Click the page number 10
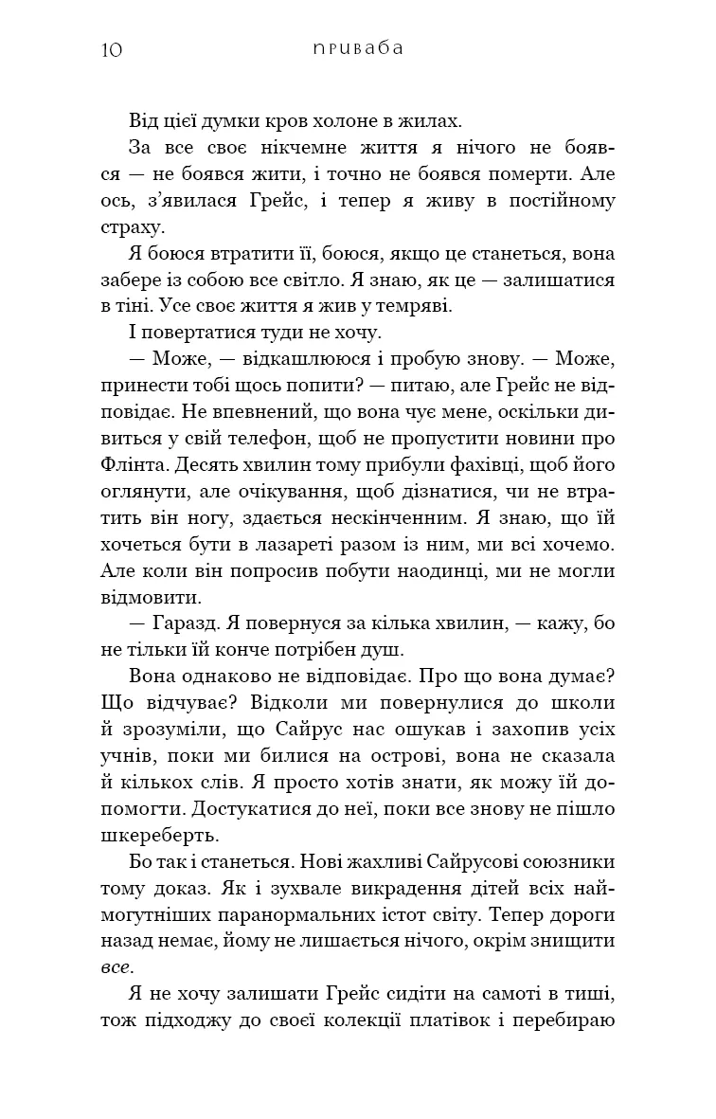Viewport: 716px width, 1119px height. click(110, 49)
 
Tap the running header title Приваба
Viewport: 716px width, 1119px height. click(357, 48)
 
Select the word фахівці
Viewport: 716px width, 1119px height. click(488, 465)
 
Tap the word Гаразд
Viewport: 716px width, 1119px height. click(182, 624)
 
